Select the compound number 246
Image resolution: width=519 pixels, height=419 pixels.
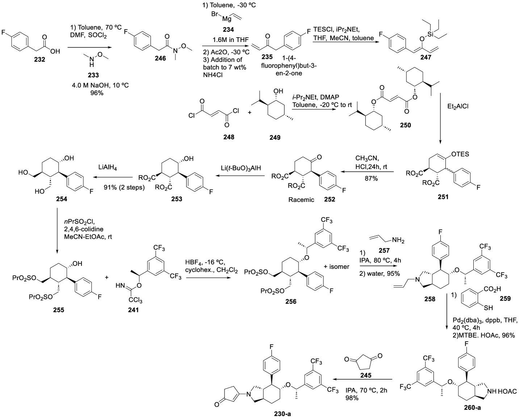pos(160,59)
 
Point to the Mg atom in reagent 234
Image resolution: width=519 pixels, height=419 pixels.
pos(226,19)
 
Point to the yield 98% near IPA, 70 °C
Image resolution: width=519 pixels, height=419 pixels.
pos(352,398)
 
